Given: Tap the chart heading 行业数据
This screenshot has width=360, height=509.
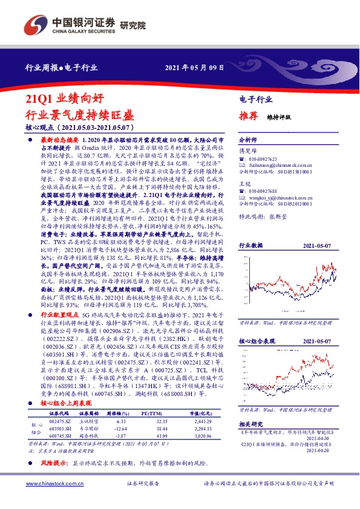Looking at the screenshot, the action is (x=250, y=229).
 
